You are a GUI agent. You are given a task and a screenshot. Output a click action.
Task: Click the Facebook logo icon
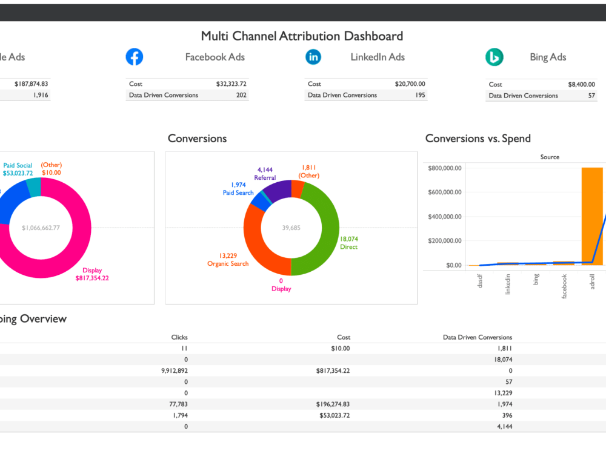tap(134, 57)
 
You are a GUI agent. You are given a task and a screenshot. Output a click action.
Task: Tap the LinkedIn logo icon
tap(313, 57)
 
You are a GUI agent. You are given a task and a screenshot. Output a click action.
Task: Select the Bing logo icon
tap(494, 58)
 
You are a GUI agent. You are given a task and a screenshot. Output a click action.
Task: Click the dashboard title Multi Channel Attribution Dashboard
tap(302, 36)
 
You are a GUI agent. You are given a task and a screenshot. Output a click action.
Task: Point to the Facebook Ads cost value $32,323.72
tap(231, 84)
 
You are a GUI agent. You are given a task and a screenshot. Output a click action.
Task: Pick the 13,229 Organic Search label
tap(228, 260)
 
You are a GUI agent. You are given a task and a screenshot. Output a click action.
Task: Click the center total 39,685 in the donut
tap(291, 228)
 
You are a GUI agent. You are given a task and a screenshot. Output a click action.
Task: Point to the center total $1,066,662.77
tap(41, 228)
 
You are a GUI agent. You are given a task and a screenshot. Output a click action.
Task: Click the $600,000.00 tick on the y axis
tap(445, 192)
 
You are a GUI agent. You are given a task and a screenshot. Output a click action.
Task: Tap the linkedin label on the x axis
tap(508, 283)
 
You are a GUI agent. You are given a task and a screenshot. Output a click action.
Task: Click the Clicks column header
tap(179, 337)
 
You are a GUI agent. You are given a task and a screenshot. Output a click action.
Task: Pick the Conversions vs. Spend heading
tap(478, 138)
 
